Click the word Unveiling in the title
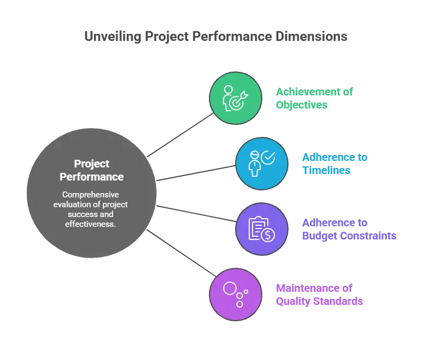click(x=113, y=37)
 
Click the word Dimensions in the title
click(x=311, y=37)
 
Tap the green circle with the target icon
click(x=236, y=98)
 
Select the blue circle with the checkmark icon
click(x=262, y=164)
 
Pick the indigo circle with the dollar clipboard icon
click(x=262, y=229)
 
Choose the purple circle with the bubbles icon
click(x=236, y=295)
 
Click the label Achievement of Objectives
click(x=314, y=98)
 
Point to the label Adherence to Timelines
click(x=335, y=164)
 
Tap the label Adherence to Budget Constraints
click(x=349, y=229)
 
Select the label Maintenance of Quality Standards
click(x=319, y=295)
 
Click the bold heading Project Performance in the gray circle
click(x=92, y=170)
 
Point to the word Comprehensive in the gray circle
click(x=91, y=195)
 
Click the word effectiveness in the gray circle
click(x=91, y=224)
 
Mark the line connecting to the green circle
click(x=180, y=135)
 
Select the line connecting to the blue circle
click(x=196, y=173)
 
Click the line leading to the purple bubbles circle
click(x=181, y=253)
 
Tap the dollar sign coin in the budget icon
click(x=268, y=235)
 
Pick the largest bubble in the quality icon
click(x=230, y=289)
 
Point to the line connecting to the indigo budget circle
click(x=196, y=213)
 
